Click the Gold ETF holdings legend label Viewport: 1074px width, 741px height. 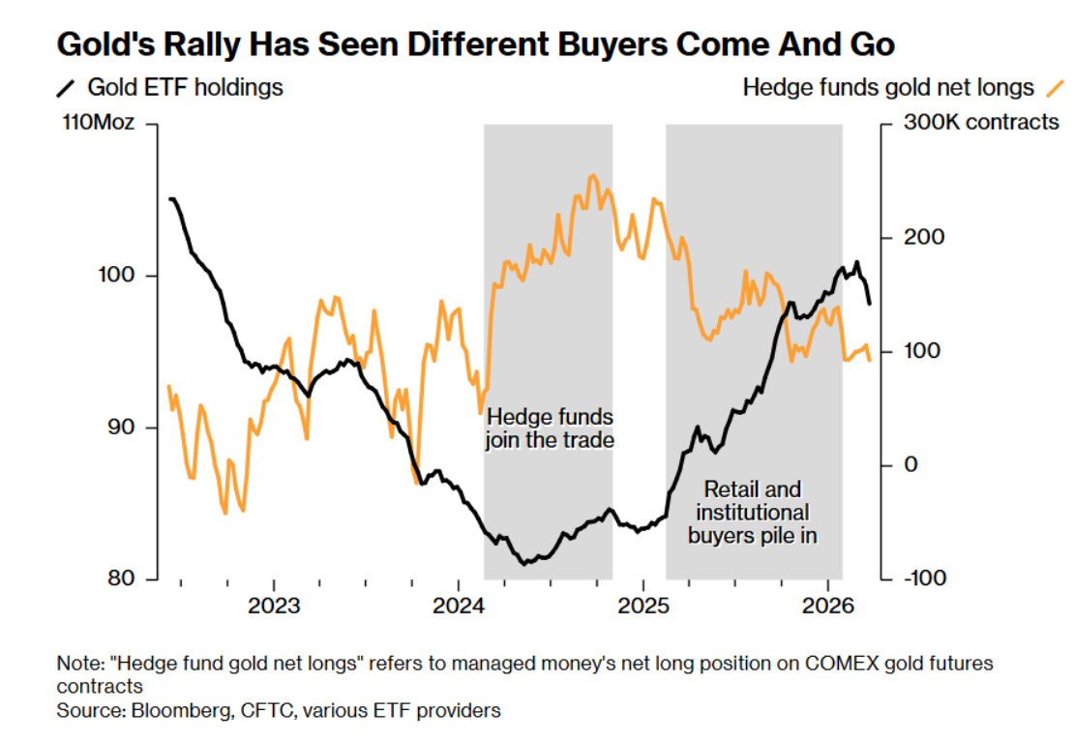(186, 87)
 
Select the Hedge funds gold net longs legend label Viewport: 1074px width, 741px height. (888, 87)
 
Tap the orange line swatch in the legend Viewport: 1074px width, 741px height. (1053, 88)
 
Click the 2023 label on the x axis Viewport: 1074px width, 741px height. (273, 607)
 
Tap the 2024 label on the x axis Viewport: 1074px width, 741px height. (458, 607)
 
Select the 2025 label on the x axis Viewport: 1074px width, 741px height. (643, 607)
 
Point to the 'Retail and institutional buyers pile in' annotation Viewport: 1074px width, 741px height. (753, 512)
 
